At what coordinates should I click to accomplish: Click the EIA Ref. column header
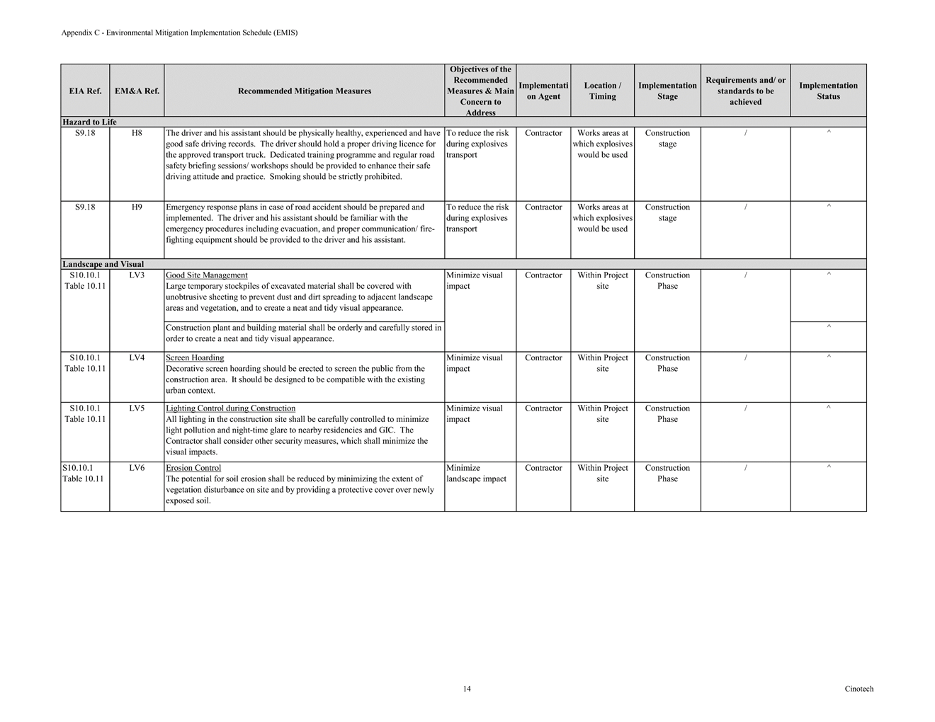coord(85,91)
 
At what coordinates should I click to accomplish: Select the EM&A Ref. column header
coord(137,91)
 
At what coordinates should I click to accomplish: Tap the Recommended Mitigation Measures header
coord(305,91)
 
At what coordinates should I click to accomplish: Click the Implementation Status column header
coord(828,91)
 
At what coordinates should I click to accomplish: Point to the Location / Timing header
coord(602,91)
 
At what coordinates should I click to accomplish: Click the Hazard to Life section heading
coord(89,122)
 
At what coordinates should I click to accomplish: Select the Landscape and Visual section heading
coord(103,265)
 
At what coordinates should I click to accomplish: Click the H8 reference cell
coord(137,133)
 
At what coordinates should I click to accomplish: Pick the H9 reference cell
coord(137,207)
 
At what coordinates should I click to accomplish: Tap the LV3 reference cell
coord(137,275)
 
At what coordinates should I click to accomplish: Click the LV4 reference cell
coord(137,358)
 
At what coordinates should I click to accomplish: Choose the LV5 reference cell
coord(137,408)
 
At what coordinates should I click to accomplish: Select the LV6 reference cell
coord(137,468)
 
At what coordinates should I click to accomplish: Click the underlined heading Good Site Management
coord(207,275)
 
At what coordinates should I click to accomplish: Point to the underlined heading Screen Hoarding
coord(195,358)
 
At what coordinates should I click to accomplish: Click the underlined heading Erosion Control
coord(193,468)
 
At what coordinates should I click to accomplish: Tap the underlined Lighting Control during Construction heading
coord(230,408)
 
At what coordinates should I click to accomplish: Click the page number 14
coord(467,689)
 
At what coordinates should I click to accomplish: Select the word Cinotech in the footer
coord(858,689)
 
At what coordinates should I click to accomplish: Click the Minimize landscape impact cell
coord(476,474)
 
